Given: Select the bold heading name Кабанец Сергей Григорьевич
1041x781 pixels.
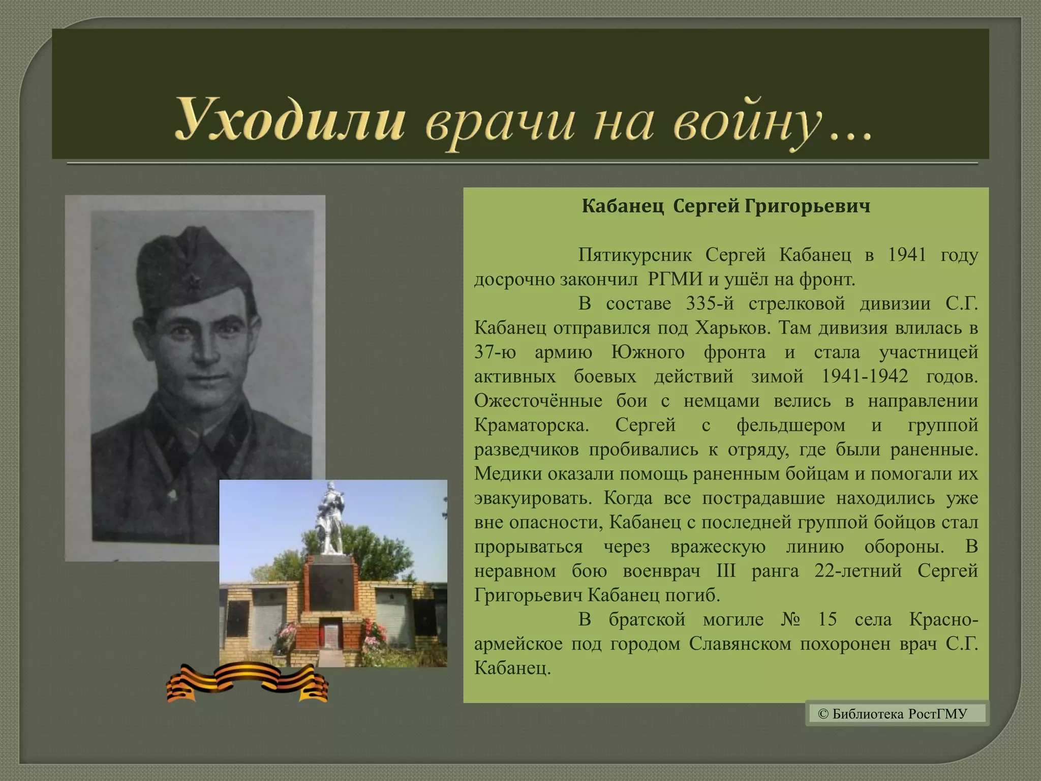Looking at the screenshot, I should click(726, 206).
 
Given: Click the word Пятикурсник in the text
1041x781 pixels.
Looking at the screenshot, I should click(635, 255).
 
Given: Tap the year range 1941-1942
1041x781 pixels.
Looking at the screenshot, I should click(864, 376).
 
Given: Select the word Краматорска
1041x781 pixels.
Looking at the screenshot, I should click(531, 425).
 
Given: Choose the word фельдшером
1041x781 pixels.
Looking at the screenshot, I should click(790, 425).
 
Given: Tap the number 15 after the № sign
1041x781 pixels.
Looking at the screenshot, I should click(827, 620).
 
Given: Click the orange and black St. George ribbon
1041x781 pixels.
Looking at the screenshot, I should click(247, 683).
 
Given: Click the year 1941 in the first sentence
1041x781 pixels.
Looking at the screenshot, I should click(906, 255).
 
